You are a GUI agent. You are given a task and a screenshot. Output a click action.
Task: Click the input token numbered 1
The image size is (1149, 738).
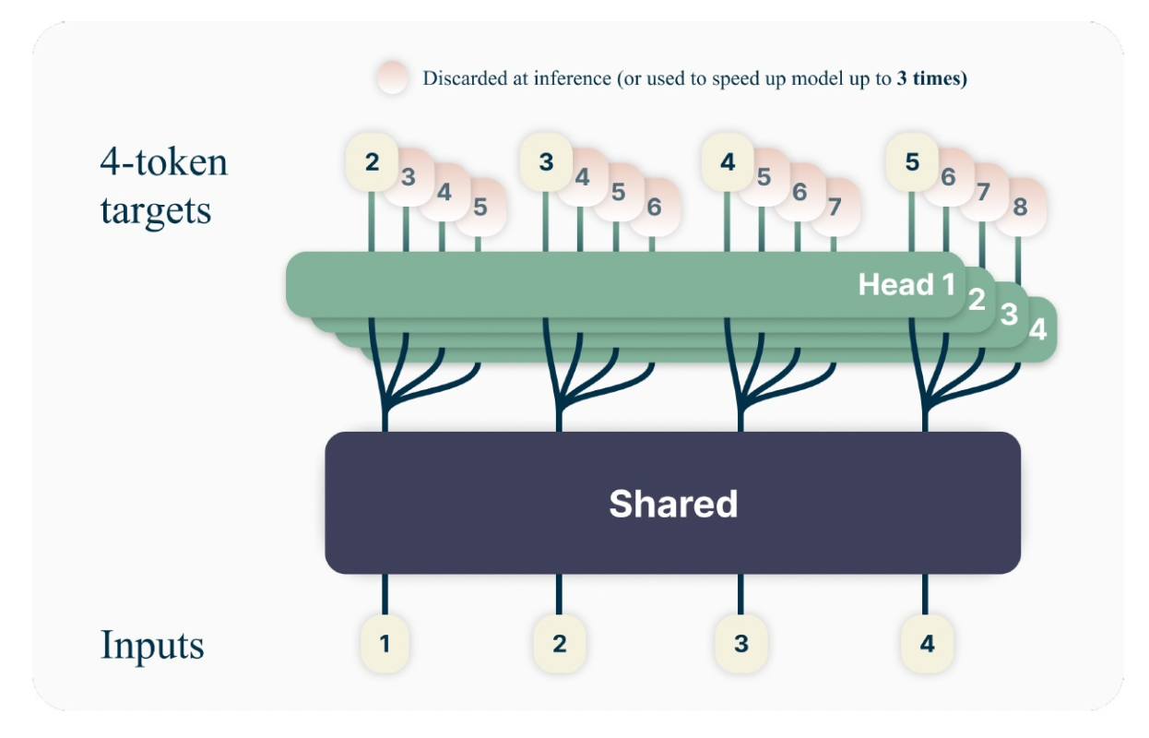(x=385, y=642)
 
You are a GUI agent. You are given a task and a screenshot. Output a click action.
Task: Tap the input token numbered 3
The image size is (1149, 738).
(x=741, y=643)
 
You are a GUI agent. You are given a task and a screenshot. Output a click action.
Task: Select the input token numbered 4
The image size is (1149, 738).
(x=927, y=643)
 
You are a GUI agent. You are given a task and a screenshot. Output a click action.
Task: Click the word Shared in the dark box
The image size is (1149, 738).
(x=673, y=504)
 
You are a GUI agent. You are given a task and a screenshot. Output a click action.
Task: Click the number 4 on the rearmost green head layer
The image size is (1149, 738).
(x=1038, y=329)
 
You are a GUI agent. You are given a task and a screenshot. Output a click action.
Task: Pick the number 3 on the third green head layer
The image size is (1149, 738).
(x=1010, y=315)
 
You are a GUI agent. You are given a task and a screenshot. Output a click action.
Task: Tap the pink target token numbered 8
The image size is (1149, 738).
(x=1020, y=208)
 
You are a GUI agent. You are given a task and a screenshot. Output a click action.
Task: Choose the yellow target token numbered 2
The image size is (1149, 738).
(x=372, y=162)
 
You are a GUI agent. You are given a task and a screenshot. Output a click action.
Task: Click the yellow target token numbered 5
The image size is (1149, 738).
(x=912, y=162)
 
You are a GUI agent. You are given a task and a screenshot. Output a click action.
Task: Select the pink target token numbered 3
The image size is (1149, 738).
(x=409, y=176)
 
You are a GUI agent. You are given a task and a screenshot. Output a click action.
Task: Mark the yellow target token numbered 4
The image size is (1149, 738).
(x=728, y=162)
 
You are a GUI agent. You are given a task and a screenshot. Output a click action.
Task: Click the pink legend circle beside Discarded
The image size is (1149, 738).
(x=393, y=77)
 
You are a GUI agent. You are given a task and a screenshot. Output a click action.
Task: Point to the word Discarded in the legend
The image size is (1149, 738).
(x=466, y=78)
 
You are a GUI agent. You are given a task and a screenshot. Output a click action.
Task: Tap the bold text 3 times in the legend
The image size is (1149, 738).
(x=931, y=78)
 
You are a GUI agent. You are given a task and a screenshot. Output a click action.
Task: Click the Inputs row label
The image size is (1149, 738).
(x=152, y=645)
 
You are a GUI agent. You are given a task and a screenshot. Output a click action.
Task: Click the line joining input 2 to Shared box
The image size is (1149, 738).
(x=559, y=595)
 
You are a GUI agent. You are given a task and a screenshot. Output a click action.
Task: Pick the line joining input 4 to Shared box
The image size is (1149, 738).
(x=926, y=595)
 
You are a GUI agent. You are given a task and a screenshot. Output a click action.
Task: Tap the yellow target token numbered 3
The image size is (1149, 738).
(x=547, y=162)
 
